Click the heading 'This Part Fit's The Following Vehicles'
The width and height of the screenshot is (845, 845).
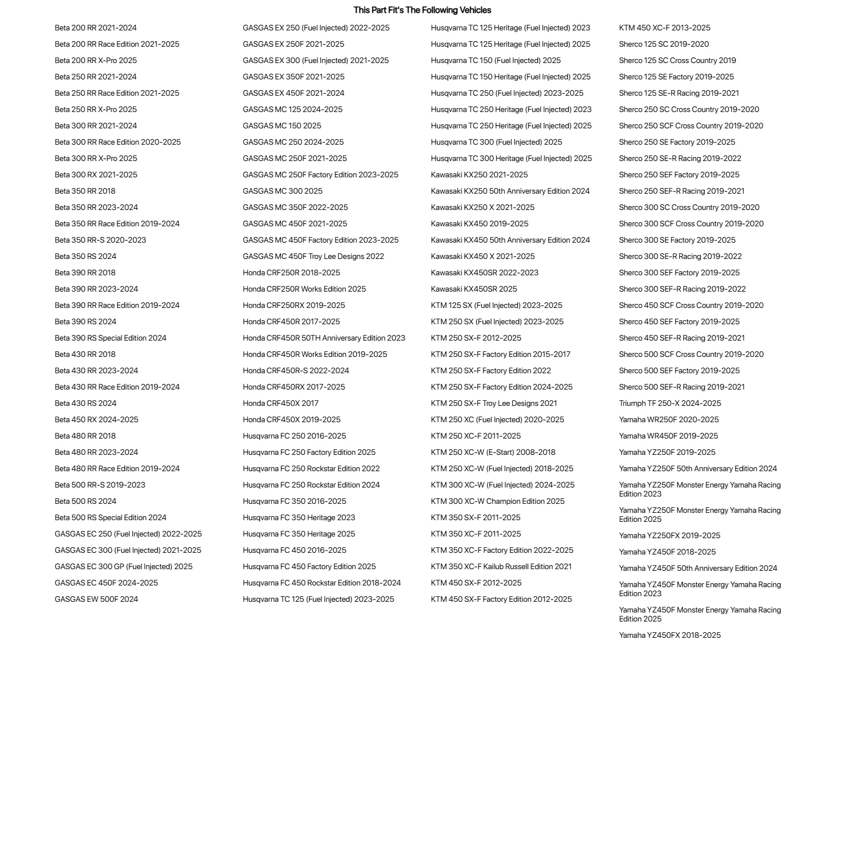[422, 10]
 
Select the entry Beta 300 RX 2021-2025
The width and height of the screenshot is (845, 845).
[96, 175]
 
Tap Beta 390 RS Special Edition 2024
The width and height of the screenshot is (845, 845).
[110, 338]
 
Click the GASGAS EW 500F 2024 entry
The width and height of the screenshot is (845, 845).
[96, 599]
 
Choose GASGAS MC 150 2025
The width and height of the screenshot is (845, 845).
[282, 126]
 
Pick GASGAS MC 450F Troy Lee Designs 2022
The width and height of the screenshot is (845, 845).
[314, 256]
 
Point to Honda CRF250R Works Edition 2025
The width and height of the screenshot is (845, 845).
[305, 289]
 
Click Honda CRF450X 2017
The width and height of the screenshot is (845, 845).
[281, 403]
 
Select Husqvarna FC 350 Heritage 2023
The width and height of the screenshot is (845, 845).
[299, 517]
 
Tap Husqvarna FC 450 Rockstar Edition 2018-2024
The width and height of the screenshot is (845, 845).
[322, 583]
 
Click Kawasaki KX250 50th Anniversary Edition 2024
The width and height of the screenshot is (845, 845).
[511, 191]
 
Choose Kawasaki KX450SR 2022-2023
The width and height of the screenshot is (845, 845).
[485, 272]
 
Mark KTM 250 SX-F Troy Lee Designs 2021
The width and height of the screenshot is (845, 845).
[494, 403]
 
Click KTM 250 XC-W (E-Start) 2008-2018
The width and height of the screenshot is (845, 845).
[493, 452]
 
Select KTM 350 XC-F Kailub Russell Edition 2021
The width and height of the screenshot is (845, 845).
[502, 566]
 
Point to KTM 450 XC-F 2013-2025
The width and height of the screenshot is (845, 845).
[665, 28]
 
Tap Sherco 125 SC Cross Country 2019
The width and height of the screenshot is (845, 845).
[678, 60]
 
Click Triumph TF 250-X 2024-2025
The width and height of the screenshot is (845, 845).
[670, 403]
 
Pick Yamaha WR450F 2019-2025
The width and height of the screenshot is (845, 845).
[669, 436]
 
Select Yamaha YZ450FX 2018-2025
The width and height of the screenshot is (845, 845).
[670, 635]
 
